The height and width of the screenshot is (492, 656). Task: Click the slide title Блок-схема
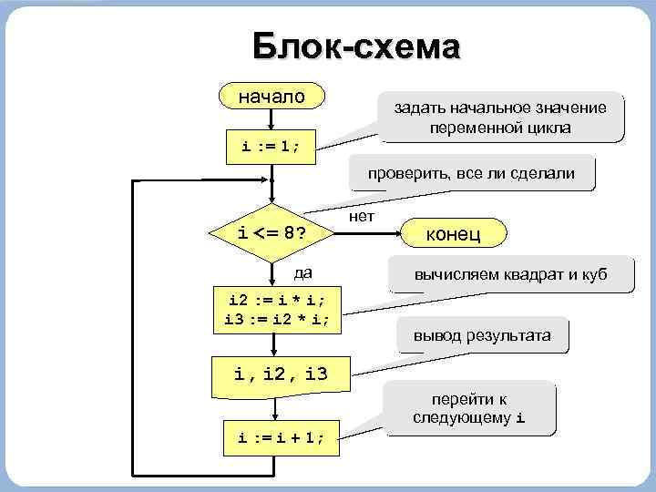(356, 46)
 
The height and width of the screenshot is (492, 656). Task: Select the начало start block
(272, 97)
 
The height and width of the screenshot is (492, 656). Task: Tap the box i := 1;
(272, 145)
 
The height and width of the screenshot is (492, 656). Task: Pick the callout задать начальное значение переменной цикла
(498, 118)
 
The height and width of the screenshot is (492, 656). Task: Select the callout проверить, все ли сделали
(470, 173)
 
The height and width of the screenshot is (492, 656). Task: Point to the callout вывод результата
(481, 335)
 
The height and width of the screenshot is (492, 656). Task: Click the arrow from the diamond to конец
(374, 232)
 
